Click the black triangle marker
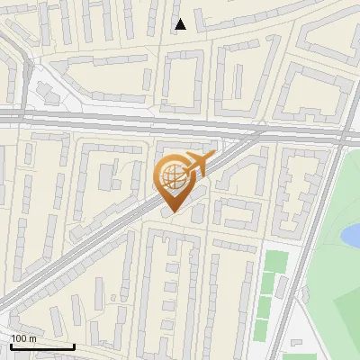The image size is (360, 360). click(x=181, y=24)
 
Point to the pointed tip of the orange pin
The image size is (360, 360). click(x=174, y=211)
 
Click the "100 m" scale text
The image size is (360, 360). click(x=23, y=337)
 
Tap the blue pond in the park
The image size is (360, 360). click(x=350, y=236)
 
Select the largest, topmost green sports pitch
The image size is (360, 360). click(x=276, y=262)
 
